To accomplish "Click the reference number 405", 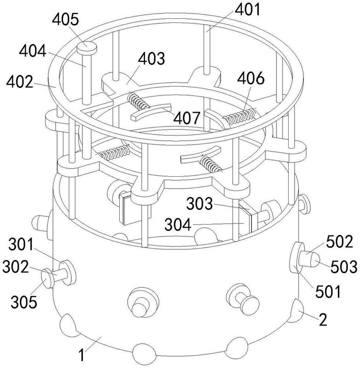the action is click(x=65, y=19).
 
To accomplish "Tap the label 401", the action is click(x=248, y=10).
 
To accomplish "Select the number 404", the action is click(x=33, y=51).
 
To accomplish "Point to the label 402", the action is click(x=20, y=82).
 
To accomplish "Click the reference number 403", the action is click(x=151, y=58).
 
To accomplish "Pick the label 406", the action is click(x=251, y=78).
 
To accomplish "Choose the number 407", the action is click(x=187, y=118).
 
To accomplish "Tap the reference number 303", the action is click(x=200, y=203).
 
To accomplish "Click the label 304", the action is click(x=178, y=224).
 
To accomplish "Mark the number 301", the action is click(x=21, y=245).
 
